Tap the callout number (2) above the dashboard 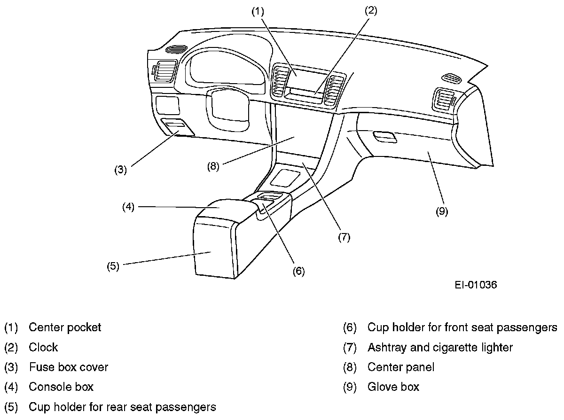[x=371, y=12]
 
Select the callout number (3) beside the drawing [x=121, y=170]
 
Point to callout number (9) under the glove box [x=441, y=211]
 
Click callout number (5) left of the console [x=113, y=266]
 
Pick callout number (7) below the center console [x=344, y=237]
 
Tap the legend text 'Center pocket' [x=65, y=327]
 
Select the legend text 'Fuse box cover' [x=68, y=366]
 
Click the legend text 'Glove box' [x=393, y=387]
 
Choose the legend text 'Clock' [x=43, y=347]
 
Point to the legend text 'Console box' [x=61, y=387]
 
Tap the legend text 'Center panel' [x=401, y=366]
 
